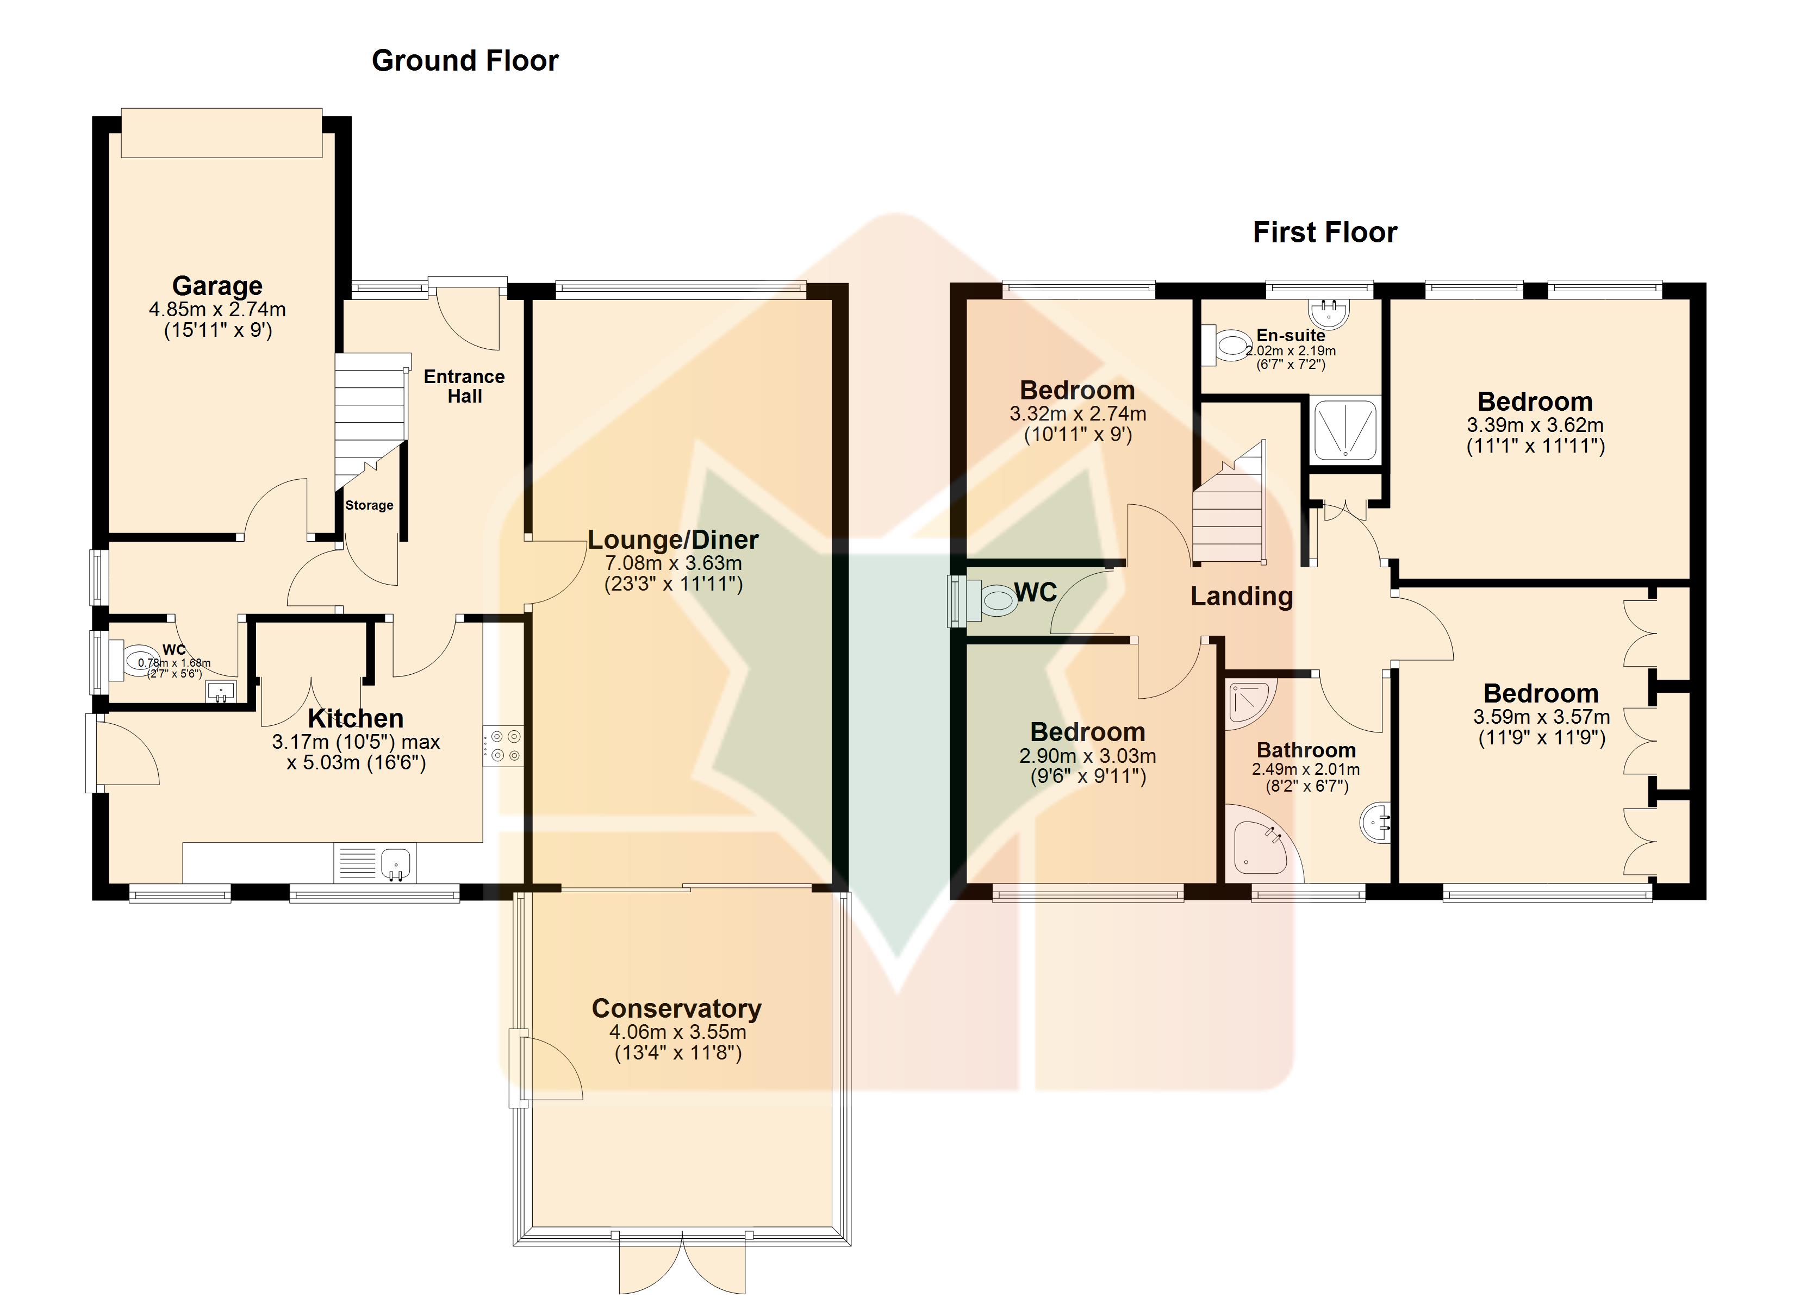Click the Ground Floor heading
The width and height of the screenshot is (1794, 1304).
click(x=465, y=61)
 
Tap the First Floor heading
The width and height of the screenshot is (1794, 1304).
click(x=1325, y=233)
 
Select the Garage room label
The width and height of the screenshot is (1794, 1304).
click(x=217, y=285)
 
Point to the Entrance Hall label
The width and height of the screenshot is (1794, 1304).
click(x=464, y=386)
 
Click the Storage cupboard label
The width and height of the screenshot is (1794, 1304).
click(x=369, y=505)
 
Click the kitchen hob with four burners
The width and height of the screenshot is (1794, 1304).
click(x=503, y=745)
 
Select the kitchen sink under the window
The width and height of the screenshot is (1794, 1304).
click(x=396, y=863)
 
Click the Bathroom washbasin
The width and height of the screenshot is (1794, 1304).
click(x=1375, y=823)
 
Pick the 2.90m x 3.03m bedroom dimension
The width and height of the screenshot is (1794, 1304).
click(x=1088, y=756)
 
